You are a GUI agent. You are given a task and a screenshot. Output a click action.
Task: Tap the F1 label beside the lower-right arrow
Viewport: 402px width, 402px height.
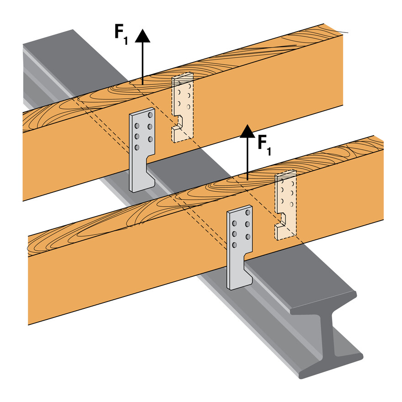[264, 145]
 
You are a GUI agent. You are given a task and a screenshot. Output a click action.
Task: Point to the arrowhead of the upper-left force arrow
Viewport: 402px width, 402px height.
[143, 36]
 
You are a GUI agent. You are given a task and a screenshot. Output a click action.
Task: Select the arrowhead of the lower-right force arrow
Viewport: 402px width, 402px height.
[247, 131]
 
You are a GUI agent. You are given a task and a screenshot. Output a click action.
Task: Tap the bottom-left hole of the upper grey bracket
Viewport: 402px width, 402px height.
[136, 147]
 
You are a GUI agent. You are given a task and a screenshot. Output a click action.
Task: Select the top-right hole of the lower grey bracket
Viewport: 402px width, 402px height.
[248, 213]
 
